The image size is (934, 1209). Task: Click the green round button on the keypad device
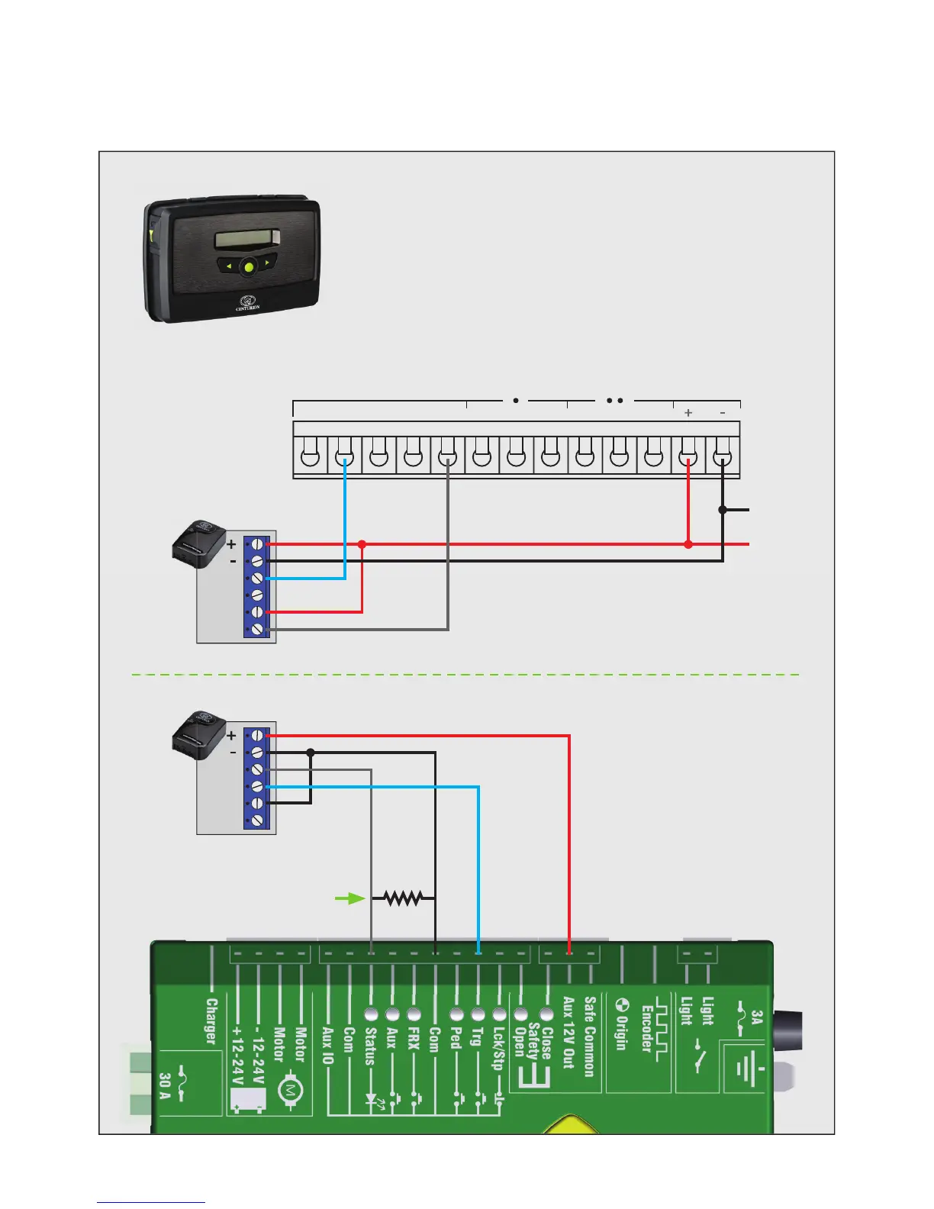[249, 267]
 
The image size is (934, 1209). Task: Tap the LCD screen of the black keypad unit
[247, 238]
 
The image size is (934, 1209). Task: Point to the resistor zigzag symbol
[402, 898]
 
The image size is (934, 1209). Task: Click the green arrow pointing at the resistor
[350, 898]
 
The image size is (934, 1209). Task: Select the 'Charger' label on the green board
[211, 1020]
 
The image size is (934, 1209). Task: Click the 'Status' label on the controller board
[371, 1046]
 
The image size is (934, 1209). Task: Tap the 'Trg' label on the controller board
[477, 1037]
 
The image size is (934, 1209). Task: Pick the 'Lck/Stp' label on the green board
[498, 1048]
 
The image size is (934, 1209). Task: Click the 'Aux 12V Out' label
[568, 1032]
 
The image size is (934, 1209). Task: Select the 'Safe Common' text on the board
[590, 1037]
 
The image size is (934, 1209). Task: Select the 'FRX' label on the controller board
[414, 1038]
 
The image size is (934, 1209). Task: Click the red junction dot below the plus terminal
[688, 544]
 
